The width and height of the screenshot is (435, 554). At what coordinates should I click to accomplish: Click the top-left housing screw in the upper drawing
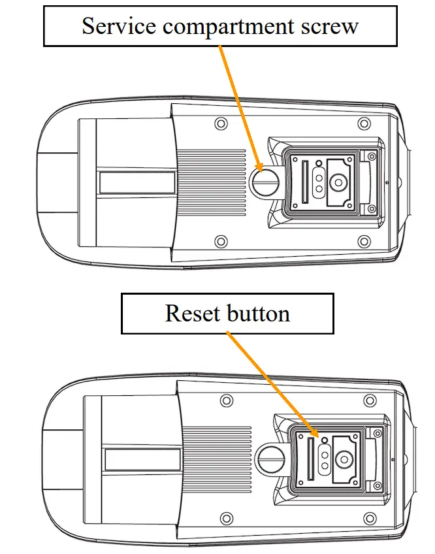tap(220, 123)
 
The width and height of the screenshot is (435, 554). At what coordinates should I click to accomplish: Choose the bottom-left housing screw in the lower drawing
tap(227, 518)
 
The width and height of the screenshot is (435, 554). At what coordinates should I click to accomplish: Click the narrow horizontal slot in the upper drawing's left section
tap(137, 182)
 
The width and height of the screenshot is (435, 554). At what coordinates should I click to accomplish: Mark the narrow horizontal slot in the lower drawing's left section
tap(142, 459)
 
